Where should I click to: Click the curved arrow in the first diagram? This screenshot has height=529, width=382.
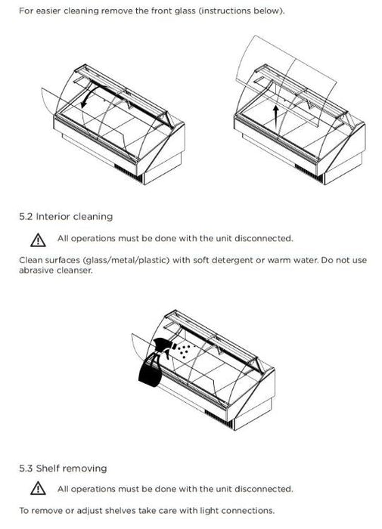pos(89,93)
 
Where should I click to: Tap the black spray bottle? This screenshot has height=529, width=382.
pos(154,362)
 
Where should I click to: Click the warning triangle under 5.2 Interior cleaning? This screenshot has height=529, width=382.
pos(38,240)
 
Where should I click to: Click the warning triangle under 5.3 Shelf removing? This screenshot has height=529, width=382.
pos(38,488)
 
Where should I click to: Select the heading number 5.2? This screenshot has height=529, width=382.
pos(26,216)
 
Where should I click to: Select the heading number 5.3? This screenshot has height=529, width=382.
pos(26,469)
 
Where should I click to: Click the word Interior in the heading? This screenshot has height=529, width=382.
pos(53,216)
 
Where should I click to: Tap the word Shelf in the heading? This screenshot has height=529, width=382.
pos(48,469)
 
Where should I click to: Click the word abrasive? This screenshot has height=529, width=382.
pos(36,271)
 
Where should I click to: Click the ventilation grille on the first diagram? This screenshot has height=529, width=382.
pos(129,172)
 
